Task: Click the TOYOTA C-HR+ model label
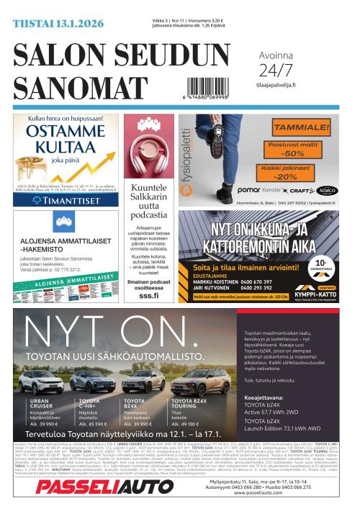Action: coord(89,399)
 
